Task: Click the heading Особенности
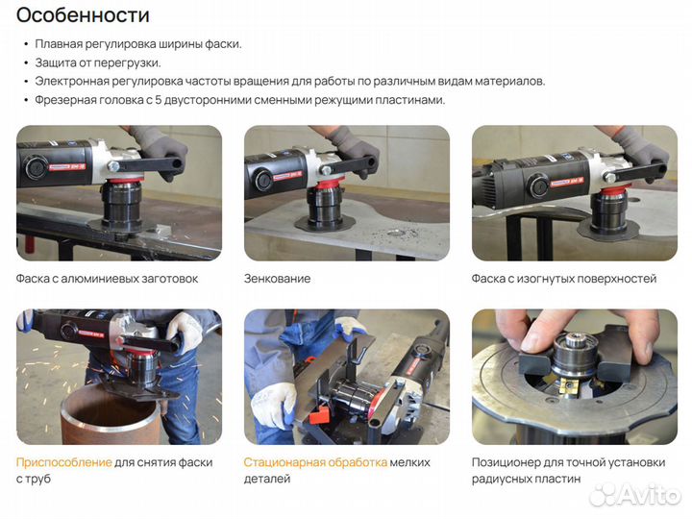(x=84, y=15)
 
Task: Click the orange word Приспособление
(x=63, y=462)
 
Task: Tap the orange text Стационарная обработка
(x=315, y=462)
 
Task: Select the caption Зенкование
(x=277, y=279)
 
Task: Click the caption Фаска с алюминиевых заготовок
(x=107, y=279)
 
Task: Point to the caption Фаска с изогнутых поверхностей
(x=563, y=279)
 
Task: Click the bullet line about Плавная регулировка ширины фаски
(x=137, y=44)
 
